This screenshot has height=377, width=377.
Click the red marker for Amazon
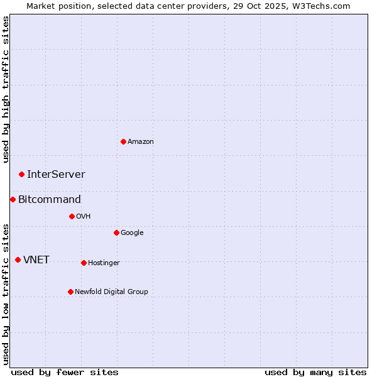click(x=123, y=141)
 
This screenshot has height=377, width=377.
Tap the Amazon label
click(x=141, y=142)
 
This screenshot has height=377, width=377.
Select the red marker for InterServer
click(x=21, y=174)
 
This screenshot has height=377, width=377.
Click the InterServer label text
click(x=56, y=175)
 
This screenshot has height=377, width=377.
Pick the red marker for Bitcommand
click(x=13, y=199)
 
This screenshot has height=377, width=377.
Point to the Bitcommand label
click(x=50, y=200)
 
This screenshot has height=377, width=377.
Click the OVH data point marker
click(x=72, y=216)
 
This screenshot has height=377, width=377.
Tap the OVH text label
click(x=84, y=217)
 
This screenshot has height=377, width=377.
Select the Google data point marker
click(x=116, y=232)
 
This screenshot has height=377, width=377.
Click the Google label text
click(x=132, y=233)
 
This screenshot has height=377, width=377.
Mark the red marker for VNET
click(x=18, y=260)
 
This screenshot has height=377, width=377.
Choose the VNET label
click(x=36, y=260)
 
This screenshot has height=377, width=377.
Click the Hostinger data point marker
click(x=84, y=263)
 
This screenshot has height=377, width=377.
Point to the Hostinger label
click(x=104, y=263)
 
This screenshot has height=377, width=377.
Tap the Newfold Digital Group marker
click(x=70, y=292)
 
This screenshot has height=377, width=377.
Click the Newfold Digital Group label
click(x=111, y=292)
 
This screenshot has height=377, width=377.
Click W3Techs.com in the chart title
click(x=325, y=6)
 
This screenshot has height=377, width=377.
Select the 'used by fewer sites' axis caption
click(x=65, y=372)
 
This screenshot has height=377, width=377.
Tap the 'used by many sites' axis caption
click(x=315, y=372)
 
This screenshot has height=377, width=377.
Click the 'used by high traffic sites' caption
click(x=6, y=90)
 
